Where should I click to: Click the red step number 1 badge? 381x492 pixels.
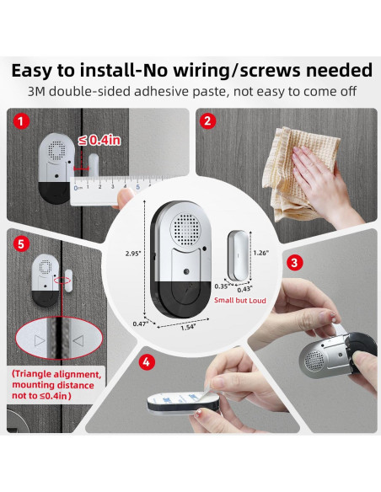coord(21,121)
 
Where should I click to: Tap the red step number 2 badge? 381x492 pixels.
coord(207,121)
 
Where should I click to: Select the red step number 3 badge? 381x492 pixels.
coord(295,262)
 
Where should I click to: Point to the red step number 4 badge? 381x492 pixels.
coord(147,362)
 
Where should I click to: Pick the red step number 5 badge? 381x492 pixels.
coord(21,243)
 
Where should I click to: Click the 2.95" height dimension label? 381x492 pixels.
coord(133,254)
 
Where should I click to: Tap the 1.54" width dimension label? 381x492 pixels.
coord(188,328)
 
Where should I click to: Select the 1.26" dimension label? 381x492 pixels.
coord(261,253)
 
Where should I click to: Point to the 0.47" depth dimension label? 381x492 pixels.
coord(140,324)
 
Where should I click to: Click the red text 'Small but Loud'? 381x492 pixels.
coord(240,300)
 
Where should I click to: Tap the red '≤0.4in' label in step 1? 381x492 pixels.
coord(99,140)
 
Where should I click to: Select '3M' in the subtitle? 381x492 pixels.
coord(37,92)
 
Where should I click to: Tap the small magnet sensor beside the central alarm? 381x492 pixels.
coord(238,255)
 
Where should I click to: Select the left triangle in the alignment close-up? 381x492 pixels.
coord(40,340)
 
